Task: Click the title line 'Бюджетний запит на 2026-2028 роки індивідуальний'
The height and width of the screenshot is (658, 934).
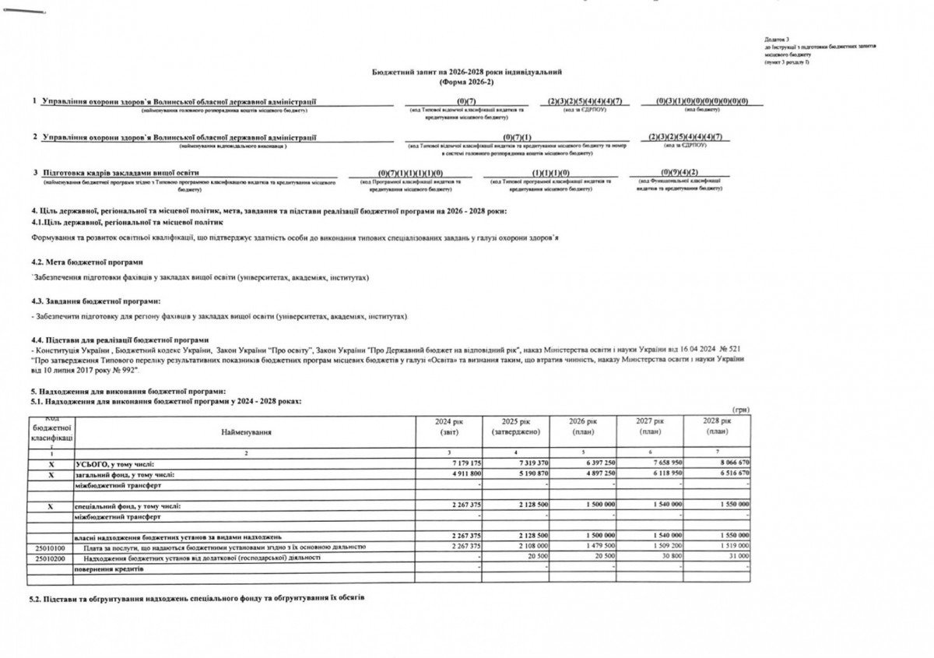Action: (466, 72)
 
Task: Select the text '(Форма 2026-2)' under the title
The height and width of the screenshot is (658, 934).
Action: (466, 81)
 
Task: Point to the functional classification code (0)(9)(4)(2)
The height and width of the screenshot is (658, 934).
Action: (679, 172)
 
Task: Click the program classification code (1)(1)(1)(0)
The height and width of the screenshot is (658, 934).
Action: (551, 172)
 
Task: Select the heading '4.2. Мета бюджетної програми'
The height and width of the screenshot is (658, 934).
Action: (87, 262)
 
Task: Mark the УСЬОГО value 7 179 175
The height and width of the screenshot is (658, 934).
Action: (465, 463)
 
